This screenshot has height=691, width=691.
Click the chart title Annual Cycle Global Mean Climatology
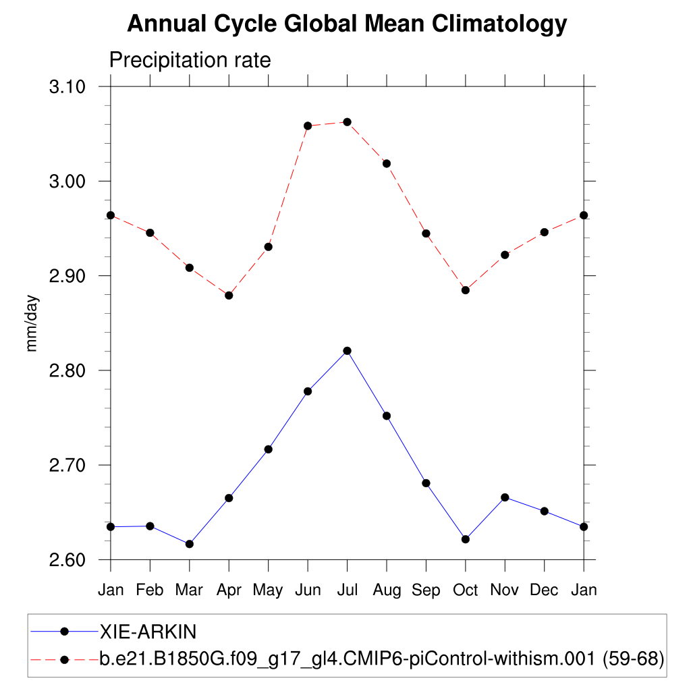tap(347, 24)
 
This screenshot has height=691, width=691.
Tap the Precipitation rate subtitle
tap(190, 60)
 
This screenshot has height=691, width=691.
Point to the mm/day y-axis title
tap(32, 323)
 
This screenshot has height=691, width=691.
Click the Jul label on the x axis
tap(347, 590)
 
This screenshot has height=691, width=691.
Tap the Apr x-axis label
tap(229, 590)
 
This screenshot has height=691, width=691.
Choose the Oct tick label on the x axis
tap(465, 590)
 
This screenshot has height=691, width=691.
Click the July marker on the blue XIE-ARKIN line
tap(347, 351)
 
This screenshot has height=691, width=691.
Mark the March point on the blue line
tap(190, 544)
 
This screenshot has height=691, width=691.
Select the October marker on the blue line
tap(465, 539)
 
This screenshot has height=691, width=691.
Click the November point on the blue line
tap(505, 497)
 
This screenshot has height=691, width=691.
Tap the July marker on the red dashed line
tap(347, 122)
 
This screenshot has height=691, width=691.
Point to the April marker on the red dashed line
tap(229, 296)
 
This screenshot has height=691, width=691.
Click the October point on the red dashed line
tap(465, 290)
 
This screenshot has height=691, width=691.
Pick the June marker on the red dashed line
tap(308, 126)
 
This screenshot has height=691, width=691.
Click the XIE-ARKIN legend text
tap(148, 632)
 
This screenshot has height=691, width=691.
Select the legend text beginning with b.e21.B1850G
tap(382, 659)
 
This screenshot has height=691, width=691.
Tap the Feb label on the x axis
tap(150, 590)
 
